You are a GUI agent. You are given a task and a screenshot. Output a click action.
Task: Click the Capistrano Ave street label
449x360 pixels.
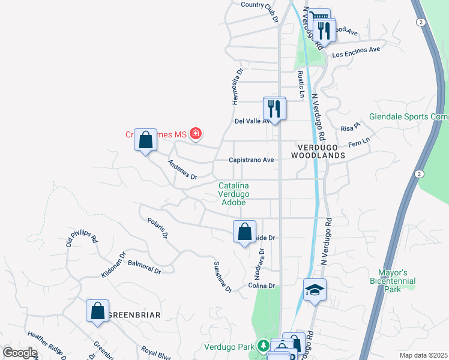(x=251, y=160)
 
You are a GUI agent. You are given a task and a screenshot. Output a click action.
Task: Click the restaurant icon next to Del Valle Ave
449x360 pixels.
(x=274, y=109)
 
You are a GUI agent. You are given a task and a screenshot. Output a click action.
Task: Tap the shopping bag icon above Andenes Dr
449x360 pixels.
(x=145, y=140)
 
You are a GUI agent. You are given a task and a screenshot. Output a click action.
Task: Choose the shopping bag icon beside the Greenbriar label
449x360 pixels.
(x=97, y=311)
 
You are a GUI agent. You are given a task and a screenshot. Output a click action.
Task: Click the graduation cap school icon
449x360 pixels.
(x=315, y=290)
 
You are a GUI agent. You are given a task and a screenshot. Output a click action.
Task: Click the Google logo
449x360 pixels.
(x=20, y=353)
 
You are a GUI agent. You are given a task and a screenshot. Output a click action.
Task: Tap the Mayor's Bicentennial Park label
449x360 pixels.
(x=393, y=280)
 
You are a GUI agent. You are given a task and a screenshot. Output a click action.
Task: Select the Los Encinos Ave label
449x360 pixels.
(x=357, y=52)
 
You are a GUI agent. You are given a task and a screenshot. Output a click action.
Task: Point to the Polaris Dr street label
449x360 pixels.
(x=157, y=229)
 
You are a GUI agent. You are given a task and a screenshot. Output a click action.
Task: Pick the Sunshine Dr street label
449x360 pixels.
(x=223, y=277)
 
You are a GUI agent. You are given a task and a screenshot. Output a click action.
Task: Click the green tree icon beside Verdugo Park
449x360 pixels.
(x=263, y=346)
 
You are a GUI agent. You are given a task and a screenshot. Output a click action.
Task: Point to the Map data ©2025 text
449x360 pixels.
(x=424, y=355)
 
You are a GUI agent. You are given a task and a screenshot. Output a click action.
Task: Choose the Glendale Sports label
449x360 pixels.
(x=409, y=117)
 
